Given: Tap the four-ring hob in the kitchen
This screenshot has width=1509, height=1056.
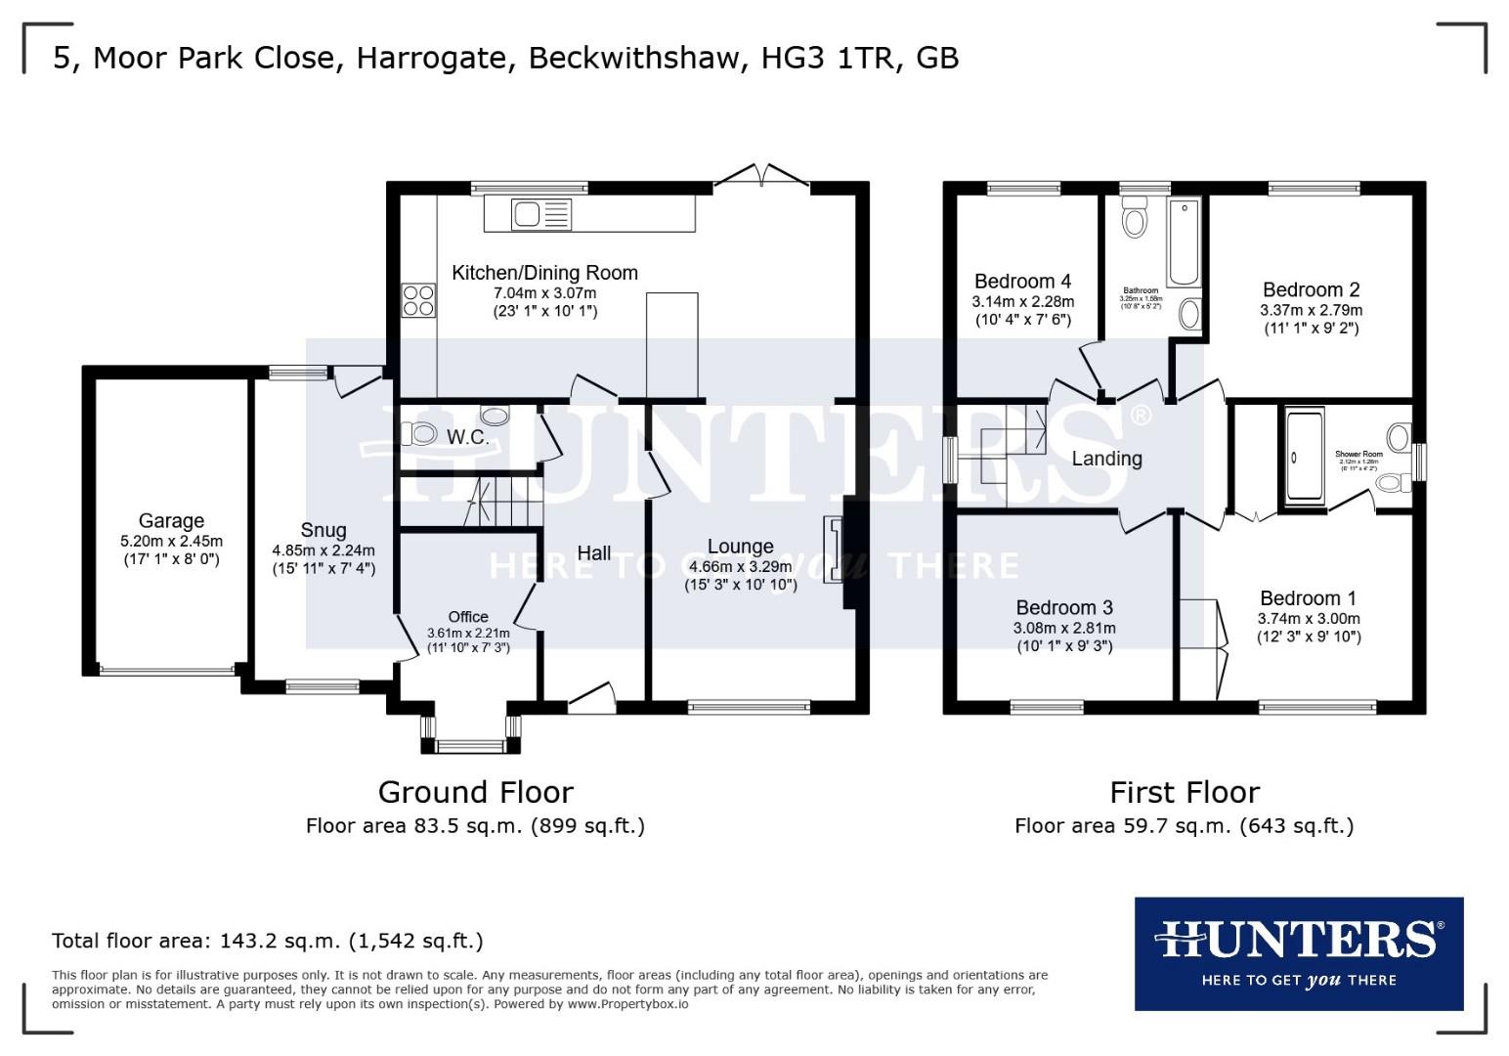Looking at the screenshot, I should point(418,299).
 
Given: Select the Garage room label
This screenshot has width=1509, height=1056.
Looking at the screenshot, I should point(171,521).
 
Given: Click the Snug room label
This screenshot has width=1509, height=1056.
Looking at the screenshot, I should point(323,530).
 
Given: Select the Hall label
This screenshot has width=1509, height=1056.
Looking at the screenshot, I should point(593,553).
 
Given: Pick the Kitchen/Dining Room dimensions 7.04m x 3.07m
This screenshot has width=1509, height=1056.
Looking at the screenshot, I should point(544,293).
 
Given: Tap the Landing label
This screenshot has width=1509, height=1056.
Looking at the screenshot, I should point(1106,459).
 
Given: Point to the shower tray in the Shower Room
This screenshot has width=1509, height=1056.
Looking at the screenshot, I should point(1300,458).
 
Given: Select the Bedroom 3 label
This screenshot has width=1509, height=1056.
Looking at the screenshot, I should point(1064,608).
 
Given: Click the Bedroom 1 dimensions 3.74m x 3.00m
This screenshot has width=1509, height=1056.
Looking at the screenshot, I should point(1309,619).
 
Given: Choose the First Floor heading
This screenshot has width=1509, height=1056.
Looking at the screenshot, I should point(1185,792).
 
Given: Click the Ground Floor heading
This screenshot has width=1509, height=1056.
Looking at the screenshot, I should point(475,792).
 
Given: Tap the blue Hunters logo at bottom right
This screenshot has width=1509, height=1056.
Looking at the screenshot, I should point(1298,953).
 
